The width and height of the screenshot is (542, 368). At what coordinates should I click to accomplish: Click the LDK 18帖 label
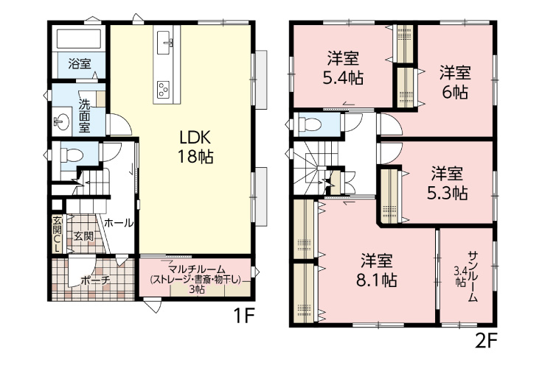click(195, 148)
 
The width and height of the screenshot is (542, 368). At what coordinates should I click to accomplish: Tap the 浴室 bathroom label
click(80, 64)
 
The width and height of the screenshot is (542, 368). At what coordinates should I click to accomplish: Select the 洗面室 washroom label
click(84, 116)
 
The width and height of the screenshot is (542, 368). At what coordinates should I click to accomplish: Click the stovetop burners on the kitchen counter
click(163, 89)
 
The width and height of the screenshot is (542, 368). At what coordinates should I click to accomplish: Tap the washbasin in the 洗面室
click(62, 122)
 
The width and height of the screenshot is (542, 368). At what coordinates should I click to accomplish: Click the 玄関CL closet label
click(57, 235)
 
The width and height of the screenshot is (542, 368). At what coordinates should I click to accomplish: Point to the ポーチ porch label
click(95, 280)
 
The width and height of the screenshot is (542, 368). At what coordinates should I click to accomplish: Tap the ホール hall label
click(119, 223)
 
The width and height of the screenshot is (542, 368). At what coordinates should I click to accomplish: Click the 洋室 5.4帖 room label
click(343, 68)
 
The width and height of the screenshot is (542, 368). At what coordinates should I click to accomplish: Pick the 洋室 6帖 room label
click(455, 82)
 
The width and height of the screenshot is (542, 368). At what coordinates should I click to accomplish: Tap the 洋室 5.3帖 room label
click(448, 183)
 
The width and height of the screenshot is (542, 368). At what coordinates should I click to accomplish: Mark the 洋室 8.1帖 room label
click(377, 270)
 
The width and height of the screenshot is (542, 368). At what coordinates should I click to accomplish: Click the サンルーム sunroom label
click(473, 277)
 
